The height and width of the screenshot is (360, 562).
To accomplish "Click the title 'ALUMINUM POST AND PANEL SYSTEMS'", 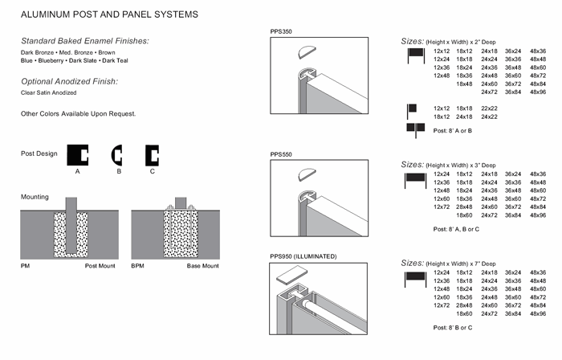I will pos(109,14).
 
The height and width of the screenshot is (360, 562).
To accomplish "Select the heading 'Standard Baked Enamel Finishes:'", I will pos(85,40).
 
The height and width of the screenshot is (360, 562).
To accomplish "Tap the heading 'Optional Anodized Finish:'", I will pos(70,81).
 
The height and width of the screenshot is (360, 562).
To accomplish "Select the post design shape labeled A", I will pos(78,153).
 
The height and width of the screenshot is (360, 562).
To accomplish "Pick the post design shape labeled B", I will pos(117,153).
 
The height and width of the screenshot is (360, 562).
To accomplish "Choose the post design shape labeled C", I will pos(153,153).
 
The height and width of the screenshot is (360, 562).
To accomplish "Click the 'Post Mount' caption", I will pos(100,266).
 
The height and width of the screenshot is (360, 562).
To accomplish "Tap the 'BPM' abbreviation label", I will pos(137,266).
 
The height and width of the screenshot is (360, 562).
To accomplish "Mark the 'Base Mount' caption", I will pos(203,266).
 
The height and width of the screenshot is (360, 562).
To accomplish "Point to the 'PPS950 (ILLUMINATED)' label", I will pos(303,256).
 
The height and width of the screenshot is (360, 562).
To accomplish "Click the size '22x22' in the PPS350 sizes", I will pos(490,108).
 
